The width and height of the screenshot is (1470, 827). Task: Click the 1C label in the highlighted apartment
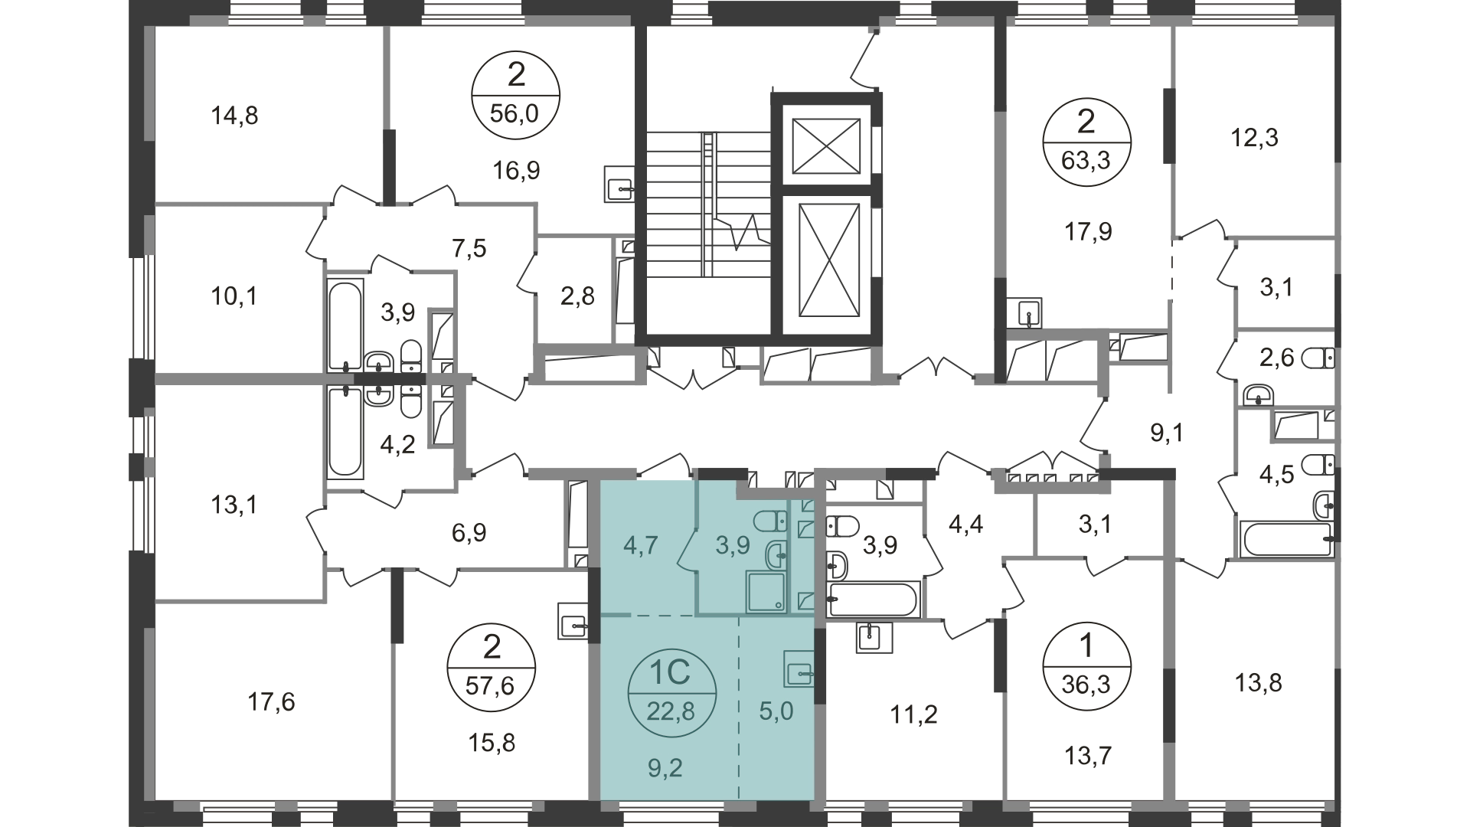point(671,673)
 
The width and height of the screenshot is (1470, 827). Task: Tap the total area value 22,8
point(671,712)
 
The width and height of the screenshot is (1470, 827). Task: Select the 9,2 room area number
point(665,768)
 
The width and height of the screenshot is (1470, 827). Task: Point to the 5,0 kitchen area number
point(776,711)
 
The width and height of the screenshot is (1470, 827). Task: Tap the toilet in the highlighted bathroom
point(769,523)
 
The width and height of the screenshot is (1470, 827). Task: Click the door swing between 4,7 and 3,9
point(688,550)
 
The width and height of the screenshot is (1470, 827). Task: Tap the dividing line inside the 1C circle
point(671,693)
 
